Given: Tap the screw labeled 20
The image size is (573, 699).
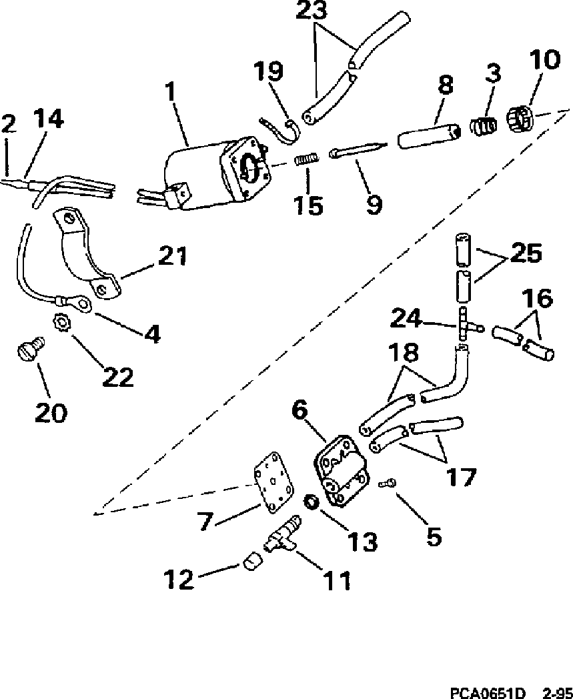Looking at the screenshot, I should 30,348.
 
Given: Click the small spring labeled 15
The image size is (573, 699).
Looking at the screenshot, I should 306,161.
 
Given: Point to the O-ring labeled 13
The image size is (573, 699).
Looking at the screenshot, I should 310,501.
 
